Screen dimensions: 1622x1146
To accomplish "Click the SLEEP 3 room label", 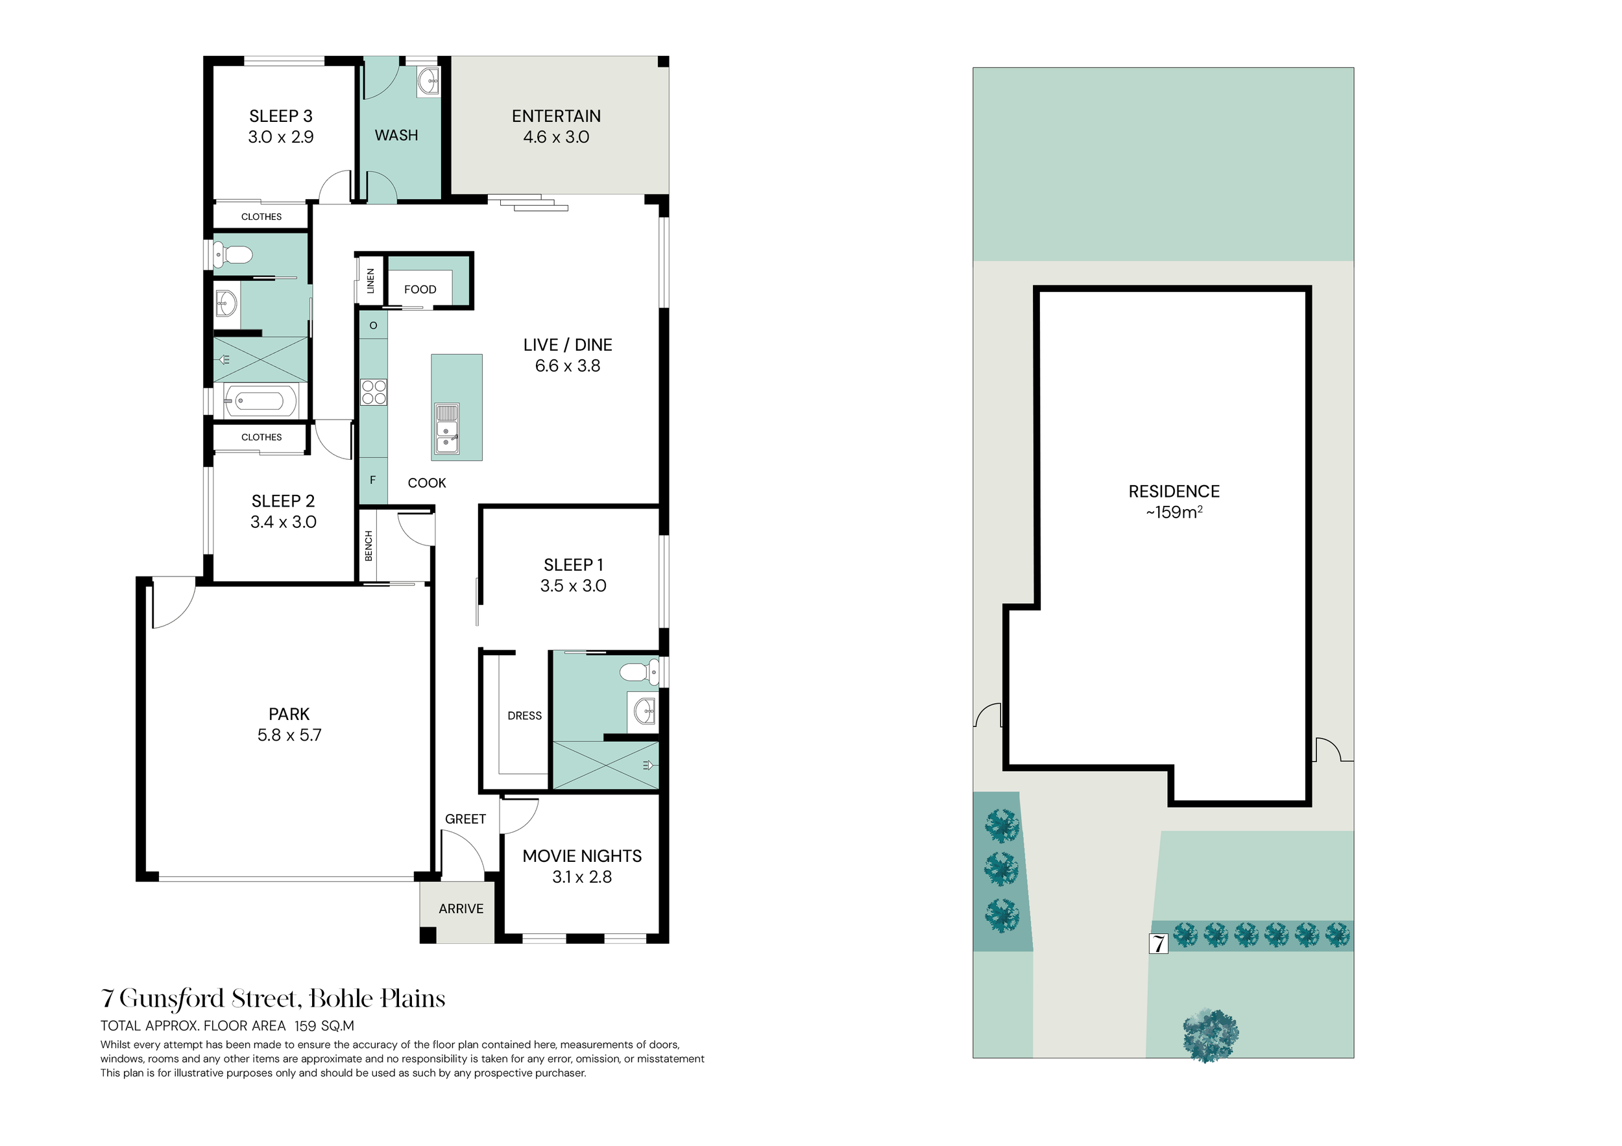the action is coord(280,117).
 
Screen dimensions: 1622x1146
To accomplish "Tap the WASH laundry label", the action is coord(396,135).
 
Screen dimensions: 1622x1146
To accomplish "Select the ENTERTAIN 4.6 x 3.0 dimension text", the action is coord(556,137).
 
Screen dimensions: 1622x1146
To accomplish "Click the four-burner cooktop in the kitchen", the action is coord(374,392).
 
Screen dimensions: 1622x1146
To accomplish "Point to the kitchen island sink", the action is coord(446,429).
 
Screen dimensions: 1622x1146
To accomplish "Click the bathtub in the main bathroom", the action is coord(261,401).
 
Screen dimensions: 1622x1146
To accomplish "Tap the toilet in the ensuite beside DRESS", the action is coord(639,671).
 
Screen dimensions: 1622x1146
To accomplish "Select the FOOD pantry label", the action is coord(420,289).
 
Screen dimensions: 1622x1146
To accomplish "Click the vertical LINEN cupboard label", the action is coord(370,281).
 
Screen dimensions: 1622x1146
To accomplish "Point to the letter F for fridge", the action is coord(373,480).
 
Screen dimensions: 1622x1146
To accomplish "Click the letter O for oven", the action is coord(373,326).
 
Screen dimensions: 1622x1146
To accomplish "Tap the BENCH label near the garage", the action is coord(368,547).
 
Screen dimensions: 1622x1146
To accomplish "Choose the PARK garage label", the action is coord(289,715).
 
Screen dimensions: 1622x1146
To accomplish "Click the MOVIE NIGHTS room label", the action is coord(582,857).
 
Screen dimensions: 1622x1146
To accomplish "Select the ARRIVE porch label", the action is coord(461,909).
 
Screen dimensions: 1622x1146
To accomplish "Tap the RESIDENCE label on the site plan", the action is coord(1174,492).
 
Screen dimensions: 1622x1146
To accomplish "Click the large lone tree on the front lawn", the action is coord(1211,1036).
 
